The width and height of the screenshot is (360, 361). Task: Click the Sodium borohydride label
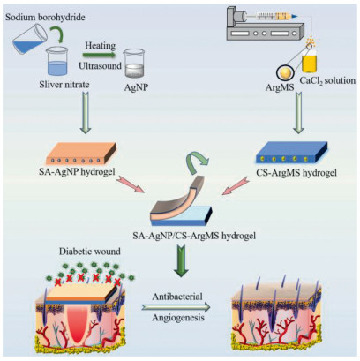coord(45,18)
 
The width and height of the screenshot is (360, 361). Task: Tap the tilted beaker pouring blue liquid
coord(30,41)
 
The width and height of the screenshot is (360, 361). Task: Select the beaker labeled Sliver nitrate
coord(57,62)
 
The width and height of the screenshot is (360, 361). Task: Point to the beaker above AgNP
coord(134,63)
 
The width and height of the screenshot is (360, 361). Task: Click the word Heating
coord(101,46)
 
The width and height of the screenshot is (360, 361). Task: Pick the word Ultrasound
coord(100,65)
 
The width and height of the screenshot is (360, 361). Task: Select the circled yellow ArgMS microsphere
coord(285,71)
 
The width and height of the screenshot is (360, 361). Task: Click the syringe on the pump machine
coord(274,16)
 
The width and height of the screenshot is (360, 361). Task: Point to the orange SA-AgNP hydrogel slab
coord(78,153)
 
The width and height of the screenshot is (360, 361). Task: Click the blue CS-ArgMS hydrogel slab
coord(292,152)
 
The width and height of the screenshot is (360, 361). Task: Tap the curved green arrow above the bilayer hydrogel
coord(196,159)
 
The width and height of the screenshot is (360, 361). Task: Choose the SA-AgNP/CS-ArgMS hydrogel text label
coord(194,236)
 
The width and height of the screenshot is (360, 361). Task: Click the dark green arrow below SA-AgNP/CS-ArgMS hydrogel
coord(182,260)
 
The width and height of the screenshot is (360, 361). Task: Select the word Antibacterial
coord(177,296)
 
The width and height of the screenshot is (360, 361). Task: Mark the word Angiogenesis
coord(177,318)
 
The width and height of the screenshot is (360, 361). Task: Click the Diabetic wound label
coord(90,252)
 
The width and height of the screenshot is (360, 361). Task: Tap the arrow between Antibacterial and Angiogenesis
coord(176,307)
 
